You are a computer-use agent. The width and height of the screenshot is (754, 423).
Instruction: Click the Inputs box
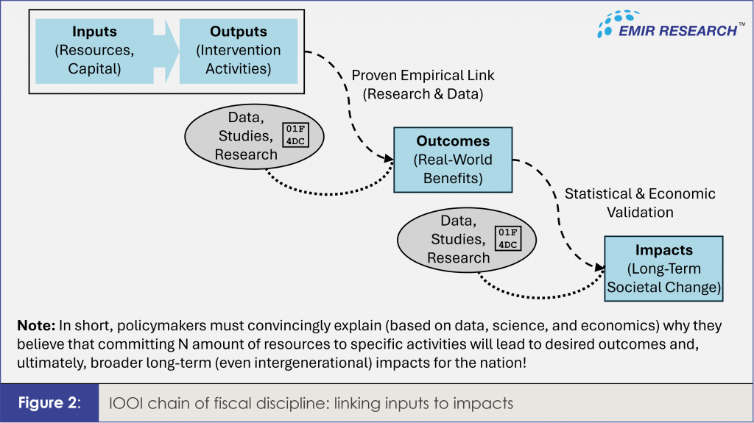[x=94, y=51]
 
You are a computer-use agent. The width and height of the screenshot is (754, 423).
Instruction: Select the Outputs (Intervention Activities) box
[x=239, y=51]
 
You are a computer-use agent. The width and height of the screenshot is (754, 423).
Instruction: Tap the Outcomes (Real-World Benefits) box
[x=453, y=160]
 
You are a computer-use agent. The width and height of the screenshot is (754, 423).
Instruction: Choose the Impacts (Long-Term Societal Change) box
[x=663, y=269]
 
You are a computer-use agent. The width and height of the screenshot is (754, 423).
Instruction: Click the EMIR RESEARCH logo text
[x=677, y=31]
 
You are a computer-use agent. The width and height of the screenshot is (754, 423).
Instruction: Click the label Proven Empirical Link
[x=423, y=76]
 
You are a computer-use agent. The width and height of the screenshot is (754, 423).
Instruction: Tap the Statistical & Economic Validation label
[x=640, y=203]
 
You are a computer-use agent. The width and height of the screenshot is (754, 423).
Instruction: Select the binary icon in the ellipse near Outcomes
[x=295, y=135]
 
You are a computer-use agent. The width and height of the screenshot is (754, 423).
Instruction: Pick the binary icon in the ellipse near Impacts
[x=508, y=238]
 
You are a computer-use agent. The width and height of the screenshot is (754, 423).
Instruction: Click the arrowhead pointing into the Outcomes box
[x=389, y=158]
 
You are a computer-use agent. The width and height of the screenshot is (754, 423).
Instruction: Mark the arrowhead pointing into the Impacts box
[x=599, y=267]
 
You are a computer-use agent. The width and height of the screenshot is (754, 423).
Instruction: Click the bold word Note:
[x=37, y=325]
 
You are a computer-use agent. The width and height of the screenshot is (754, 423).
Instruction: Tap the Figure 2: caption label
[x=49, y=403]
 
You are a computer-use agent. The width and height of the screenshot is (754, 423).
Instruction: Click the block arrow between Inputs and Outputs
[x=166, y=51]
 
